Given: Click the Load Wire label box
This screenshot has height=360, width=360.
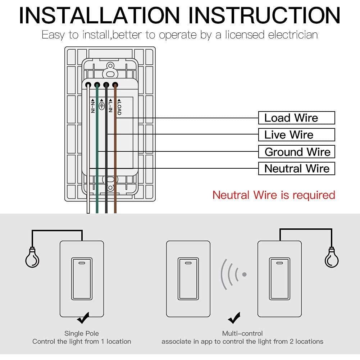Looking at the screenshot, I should (x=296, y=118).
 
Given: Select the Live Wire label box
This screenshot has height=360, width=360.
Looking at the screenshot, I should (x=296, y=135).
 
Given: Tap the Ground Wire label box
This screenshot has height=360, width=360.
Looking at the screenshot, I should (x=296, y=152).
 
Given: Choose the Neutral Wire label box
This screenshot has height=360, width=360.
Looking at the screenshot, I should (x=296, y=169).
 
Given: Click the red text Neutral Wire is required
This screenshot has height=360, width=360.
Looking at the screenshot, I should (x=274, y=195).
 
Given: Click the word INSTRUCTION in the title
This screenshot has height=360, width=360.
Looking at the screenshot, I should (x=265, y=15).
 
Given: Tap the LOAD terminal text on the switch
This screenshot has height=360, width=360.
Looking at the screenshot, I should (x=119, y=107).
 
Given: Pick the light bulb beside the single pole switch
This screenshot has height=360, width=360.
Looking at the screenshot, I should (x=32, y=258).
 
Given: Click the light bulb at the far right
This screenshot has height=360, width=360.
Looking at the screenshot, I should (x=331, y=258).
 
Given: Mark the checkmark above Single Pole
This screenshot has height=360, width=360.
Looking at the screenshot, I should (x=83, y=318).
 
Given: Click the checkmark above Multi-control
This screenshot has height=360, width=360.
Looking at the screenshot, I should (x=234, y=318).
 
